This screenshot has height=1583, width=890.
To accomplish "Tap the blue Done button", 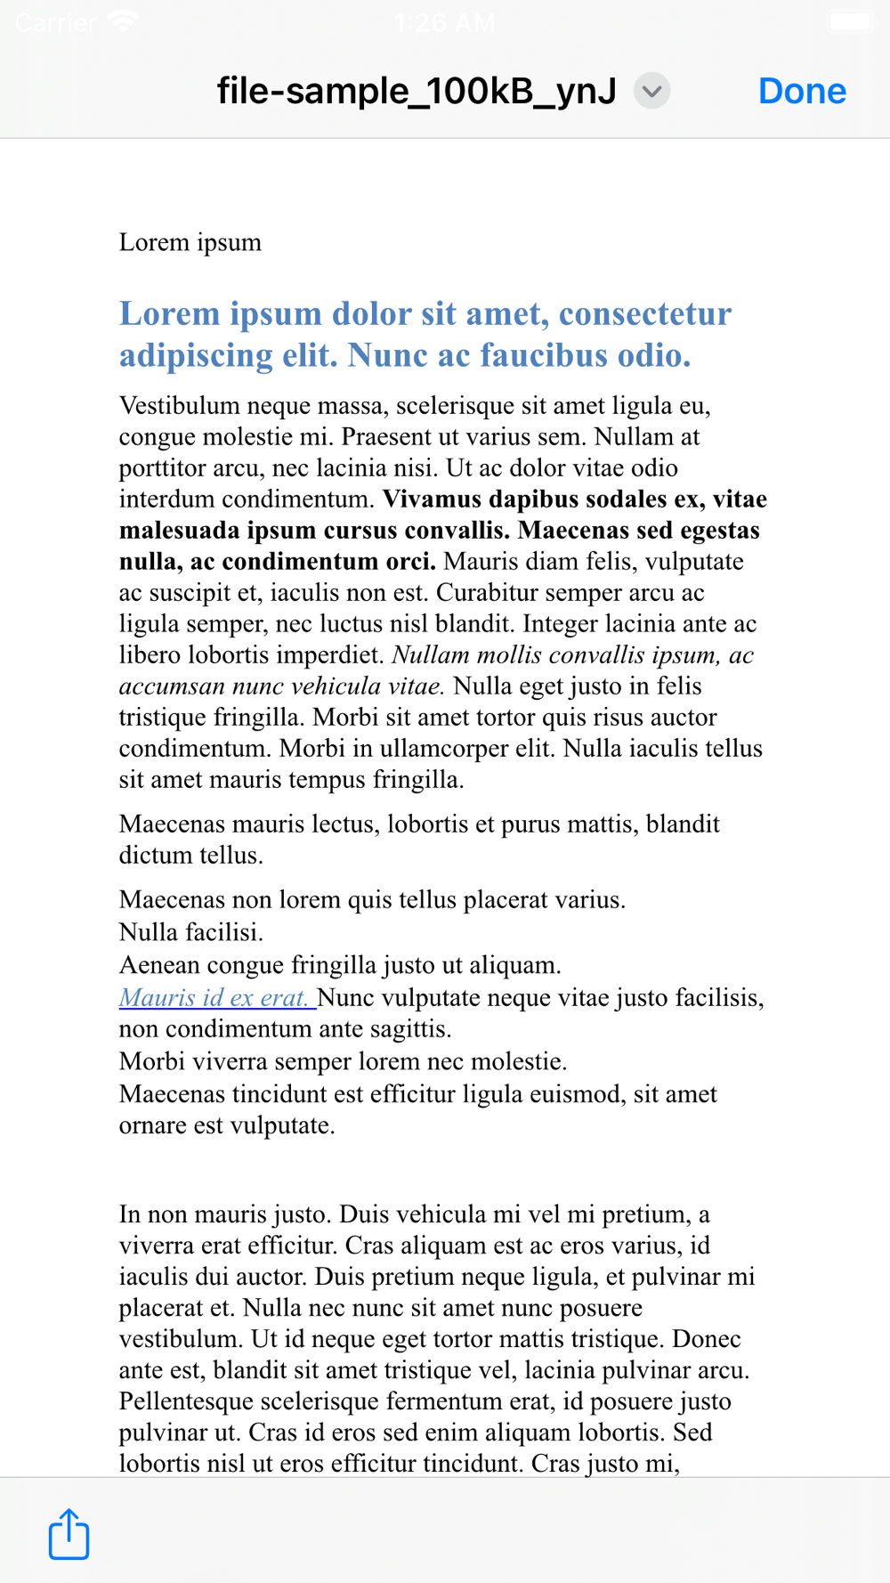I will [x=802, y=91].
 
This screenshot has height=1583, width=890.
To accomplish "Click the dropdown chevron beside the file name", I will [x=651, y=91].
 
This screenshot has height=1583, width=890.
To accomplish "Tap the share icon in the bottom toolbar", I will [x=69, y=1534].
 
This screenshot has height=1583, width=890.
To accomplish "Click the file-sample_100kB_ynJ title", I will [x=417, y=91].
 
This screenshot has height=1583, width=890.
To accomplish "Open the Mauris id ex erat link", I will [x=214, y=997].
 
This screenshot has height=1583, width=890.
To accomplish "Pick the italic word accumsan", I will [x=172, y=686].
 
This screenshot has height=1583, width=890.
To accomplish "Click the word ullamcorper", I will [x=456, y=748].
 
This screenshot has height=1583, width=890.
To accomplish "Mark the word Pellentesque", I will [x=206, y=1400].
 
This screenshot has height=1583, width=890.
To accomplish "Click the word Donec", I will [x=707, y=1338].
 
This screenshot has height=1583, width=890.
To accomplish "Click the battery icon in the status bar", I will [x=850, y=21].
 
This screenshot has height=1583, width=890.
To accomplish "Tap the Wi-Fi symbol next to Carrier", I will [x=123, y=21].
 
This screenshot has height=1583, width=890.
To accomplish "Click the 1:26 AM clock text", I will [x=444, y=22].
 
